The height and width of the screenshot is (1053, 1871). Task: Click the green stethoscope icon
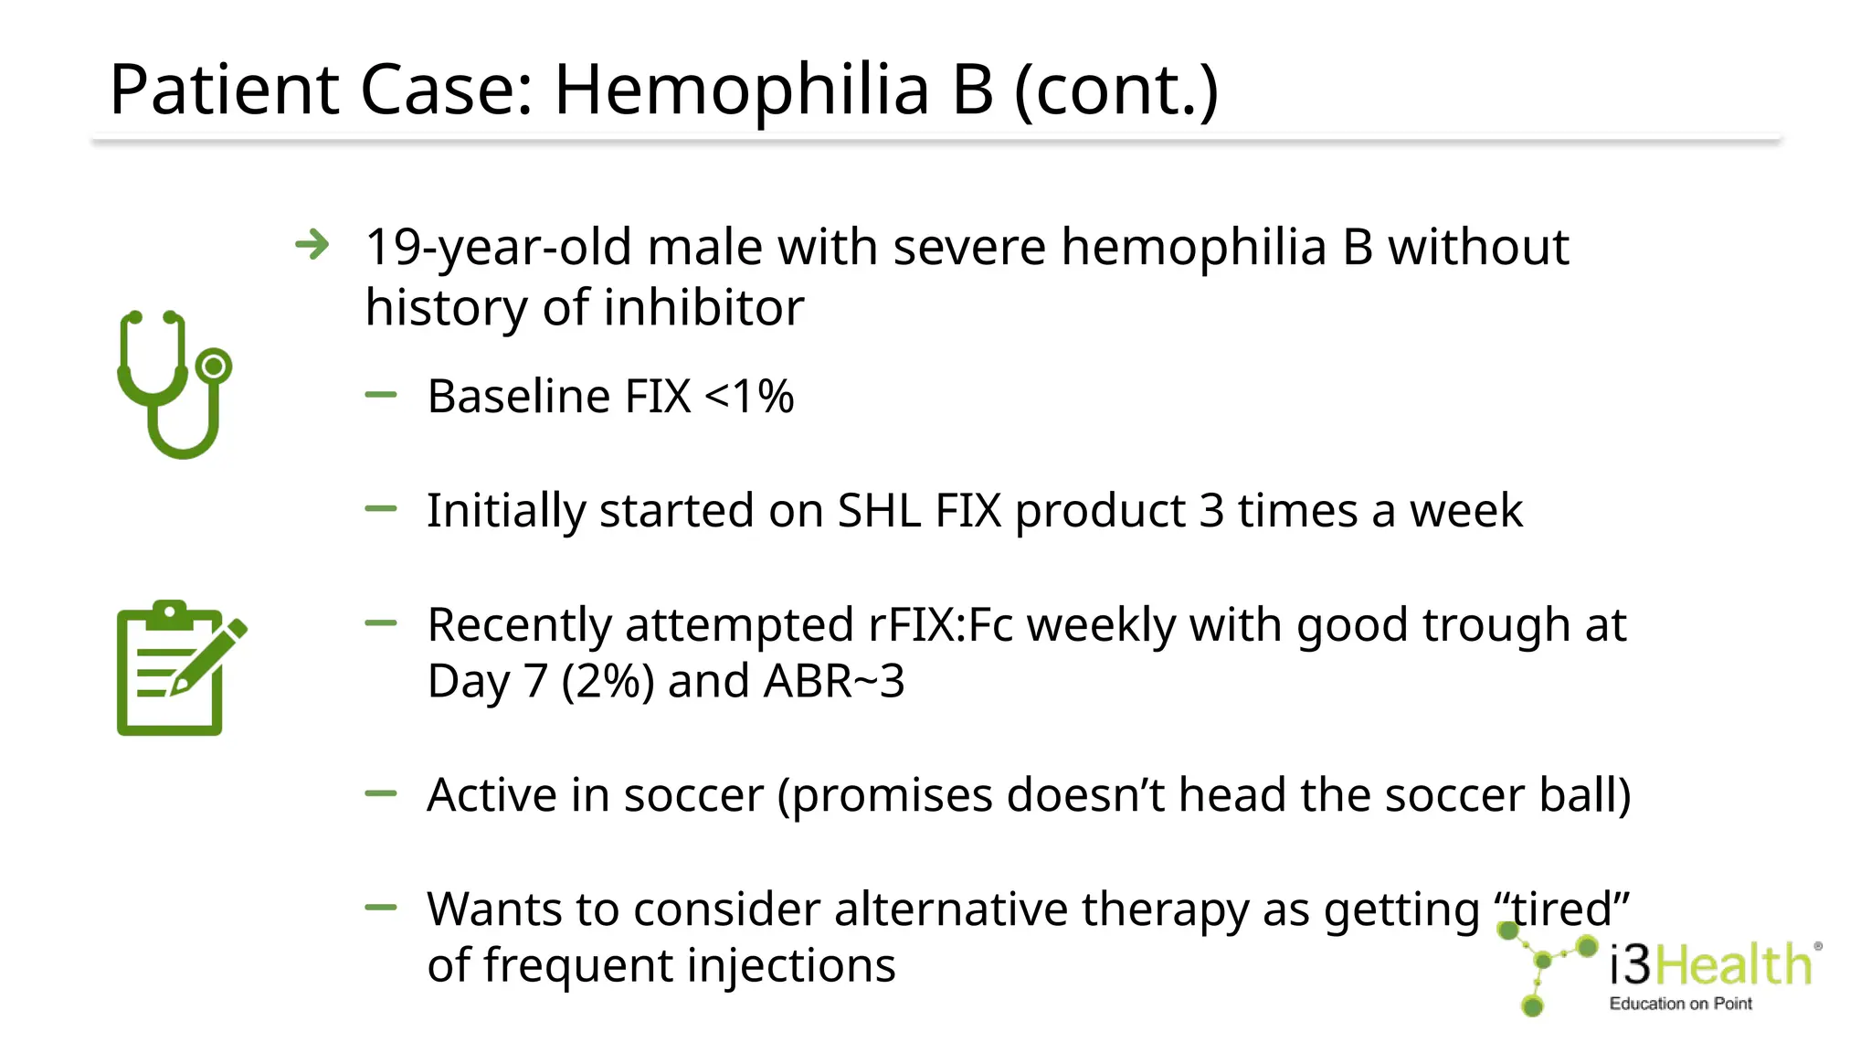pos(174,384)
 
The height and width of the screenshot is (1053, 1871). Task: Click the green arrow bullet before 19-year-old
pos(312,245)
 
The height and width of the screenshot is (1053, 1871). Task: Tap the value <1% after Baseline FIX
pos(749,397)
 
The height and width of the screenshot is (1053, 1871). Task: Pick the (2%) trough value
pos(608,682)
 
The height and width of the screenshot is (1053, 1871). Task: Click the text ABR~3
pos(834,682)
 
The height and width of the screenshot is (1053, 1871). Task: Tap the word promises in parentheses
pos(891,795)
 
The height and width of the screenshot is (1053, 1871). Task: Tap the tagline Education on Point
pos(1680,1004)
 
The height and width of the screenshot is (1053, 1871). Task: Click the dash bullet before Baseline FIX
pos(381,395)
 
